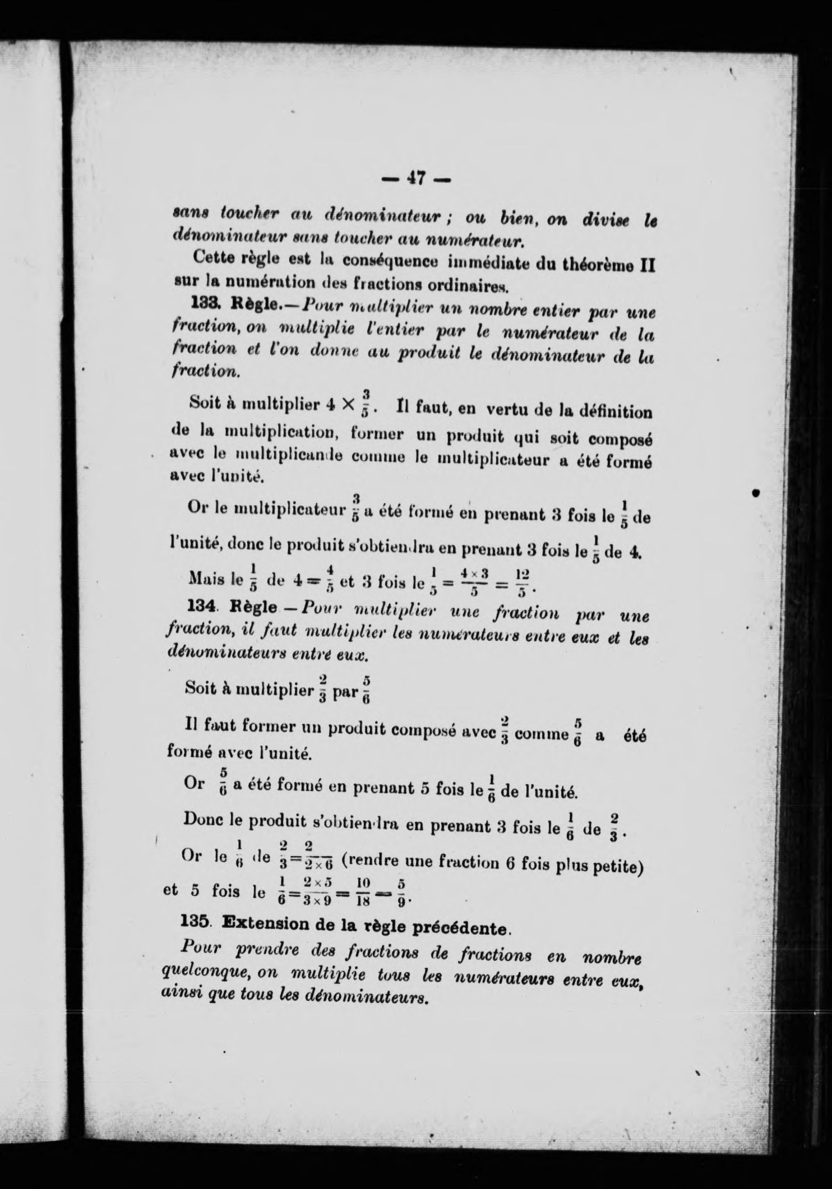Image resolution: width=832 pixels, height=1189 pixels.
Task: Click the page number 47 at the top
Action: pos(416,179)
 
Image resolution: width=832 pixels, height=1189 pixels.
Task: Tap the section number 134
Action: pos(200,608)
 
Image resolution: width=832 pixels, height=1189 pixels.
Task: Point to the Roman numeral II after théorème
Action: pos(647,263)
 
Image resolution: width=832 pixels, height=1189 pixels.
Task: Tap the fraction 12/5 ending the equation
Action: pos(523,584)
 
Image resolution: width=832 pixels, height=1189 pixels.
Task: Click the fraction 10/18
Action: pos(363,891)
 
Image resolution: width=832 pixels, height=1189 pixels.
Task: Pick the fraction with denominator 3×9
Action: pos(317,891)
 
